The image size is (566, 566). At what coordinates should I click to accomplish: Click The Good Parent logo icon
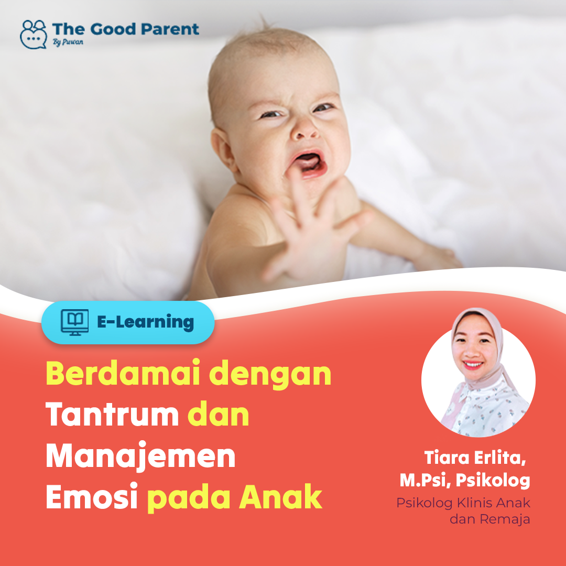click(x=33, y=34)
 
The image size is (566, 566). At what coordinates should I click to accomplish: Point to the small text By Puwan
click(x=68, y=42)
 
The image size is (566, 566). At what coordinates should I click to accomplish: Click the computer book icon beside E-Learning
click(x=75, y=322)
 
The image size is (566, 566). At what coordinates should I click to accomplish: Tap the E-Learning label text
click(x=146, y=322)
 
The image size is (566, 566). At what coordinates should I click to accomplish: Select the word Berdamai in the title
click(x=123, y=373)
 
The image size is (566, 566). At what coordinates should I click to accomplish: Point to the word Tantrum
click(x=112, y=415)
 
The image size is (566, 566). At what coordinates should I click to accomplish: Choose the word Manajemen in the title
click(x=141, y=456)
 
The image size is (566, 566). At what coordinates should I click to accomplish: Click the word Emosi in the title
click(x=92, y=497)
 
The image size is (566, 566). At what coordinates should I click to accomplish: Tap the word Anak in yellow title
click(x=280, y=497)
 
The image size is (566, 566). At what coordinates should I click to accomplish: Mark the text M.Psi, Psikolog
click(x=465, y=481)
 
